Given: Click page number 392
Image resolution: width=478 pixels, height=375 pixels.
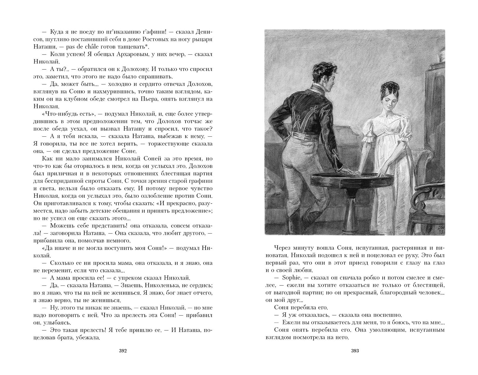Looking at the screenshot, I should coord(123,351).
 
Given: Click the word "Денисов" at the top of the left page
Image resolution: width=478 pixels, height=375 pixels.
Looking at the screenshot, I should coord(203,32).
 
